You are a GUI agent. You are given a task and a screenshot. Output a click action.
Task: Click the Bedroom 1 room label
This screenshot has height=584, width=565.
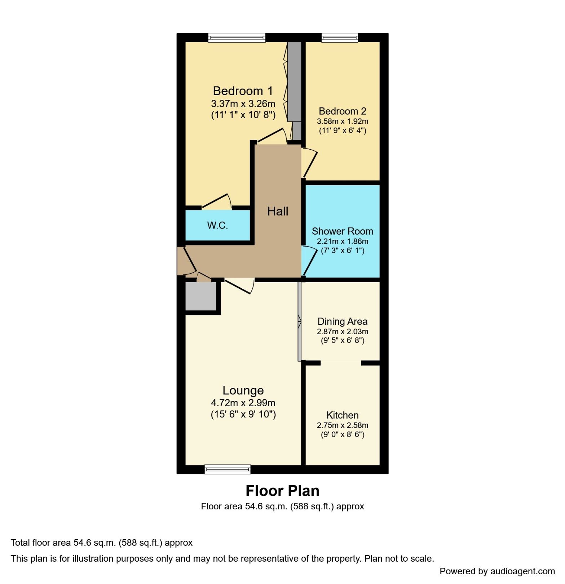pos(243,91)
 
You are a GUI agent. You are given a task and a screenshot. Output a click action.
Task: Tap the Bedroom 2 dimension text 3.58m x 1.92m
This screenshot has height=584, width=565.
pos(342,121)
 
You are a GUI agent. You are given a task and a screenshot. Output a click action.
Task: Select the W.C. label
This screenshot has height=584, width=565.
pos(217,226)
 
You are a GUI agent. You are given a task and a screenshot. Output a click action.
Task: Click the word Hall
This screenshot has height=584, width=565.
pos(277,211)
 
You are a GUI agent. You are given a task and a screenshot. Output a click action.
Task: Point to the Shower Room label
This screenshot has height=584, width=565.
pos(342,231)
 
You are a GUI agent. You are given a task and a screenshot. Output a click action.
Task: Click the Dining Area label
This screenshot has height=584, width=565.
pos(342,322)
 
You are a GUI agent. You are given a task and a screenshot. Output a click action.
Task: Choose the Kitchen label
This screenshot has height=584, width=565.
pos(342,415)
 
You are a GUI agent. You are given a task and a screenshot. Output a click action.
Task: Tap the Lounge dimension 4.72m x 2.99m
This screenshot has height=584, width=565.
pos(243,403)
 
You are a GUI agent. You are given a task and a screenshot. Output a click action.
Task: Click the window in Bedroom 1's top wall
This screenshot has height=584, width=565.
pos(237,37)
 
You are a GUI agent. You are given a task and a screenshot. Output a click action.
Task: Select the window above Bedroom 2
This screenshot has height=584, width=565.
pos(339,37)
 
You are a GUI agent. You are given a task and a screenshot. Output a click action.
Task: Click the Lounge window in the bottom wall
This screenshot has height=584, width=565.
pos(227,469)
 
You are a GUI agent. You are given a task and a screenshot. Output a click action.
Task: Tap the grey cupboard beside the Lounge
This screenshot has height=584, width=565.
pos(200,296)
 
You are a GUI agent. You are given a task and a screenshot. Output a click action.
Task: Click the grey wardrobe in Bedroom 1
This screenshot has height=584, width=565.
pos(295,81)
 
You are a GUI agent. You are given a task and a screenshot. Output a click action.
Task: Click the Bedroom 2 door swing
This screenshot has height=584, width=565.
pos(310,163)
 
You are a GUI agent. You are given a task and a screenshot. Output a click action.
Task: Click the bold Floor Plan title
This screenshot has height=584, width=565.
pos(282,491)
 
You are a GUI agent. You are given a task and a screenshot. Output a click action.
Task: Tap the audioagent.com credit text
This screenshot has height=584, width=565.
pos(497,571)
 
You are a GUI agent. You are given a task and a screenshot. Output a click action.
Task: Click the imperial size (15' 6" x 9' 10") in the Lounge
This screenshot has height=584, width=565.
pos(243,415)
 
